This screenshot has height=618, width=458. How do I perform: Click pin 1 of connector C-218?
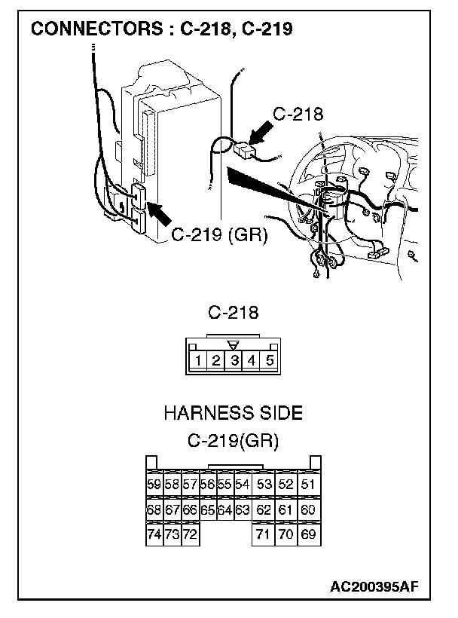click(197, 360)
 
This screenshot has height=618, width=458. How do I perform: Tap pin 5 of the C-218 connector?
click(270, 360)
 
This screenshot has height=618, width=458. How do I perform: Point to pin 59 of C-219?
click(154, 485)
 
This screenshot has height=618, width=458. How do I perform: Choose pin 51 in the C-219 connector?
click(307, 485)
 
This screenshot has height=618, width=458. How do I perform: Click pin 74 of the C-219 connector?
click(154, 534)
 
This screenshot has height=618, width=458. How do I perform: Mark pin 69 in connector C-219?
click(307, 534)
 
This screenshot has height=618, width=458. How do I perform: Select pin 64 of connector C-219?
click(224, 510)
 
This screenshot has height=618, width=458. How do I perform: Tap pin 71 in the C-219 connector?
click(263, 534)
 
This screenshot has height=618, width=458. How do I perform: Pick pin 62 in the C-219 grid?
click(263, 510)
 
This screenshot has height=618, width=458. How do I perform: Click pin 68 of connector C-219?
click(154, 510)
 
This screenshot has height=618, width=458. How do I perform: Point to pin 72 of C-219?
click(190, 534)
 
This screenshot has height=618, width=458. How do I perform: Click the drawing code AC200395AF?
click(373, 586)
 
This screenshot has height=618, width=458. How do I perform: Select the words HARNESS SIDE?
click(233, 413)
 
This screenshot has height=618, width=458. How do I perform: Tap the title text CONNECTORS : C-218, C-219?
click(161, 29)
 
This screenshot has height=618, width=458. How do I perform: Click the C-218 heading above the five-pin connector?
click(233, 312)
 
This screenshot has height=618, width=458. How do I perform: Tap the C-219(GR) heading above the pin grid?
click(233, 441)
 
